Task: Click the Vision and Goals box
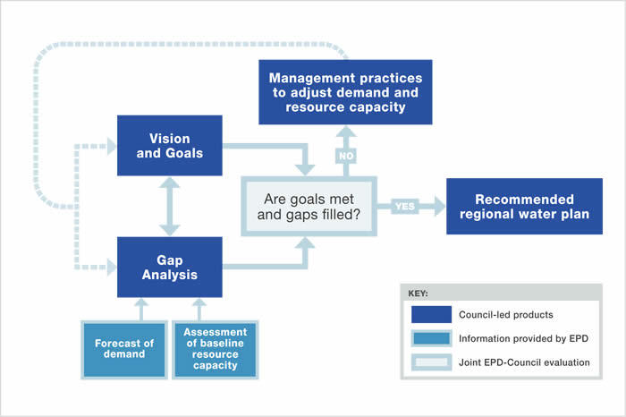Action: coord(170,144)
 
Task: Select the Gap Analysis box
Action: coord(169,267)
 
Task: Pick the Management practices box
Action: coord(345,92)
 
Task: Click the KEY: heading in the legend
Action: coord(420,293)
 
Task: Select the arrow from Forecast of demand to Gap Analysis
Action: coord(141,308)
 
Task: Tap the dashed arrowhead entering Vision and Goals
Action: coord(111,144)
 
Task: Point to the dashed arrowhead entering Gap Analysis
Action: coord(111,267)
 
